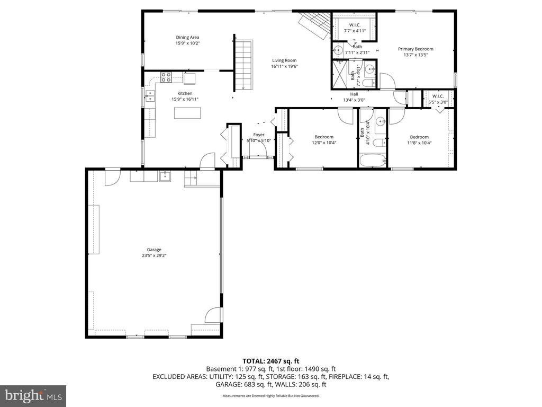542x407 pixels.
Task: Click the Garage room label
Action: coord(154,250)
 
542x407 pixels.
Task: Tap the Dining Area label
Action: coord(187,37)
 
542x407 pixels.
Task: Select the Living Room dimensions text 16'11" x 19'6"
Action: coord(285,67)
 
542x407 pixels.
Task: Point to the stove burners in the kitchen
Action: coord(166,77)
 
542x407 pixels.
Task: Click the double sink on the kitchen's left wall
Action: coord(150,95)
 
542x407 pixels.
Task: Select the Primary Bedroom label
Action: coord(415,49)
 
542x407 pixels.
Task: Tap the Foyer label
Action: coord(259,135)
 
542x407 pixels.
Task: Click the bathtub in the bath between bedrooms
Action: coord(373,161)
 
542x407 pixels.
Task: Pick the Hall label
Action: coord(354,94)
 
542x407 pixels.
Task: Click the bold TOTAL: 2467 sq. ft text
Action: coord(270,361)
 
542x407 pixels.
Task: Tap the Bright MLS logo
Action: coord(33,395)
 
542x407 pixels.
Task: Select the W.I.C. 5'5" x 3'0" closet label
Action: coord(438,99)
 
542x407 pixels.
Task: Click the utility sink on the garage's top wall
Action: coord(165,176)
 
